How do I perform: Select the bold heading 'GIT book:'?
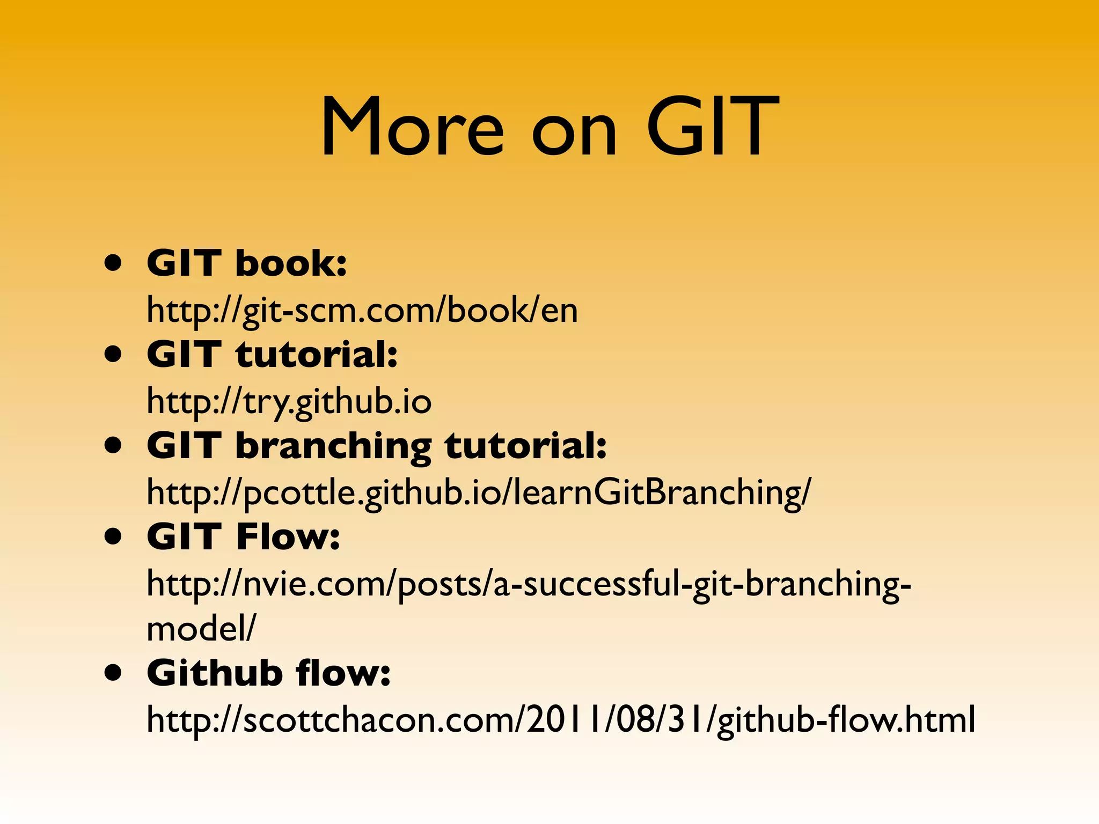click(247, 263)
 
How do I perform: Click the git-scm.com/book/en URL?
click(362, 311)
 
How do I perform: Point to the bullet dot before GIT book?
click(113, 264)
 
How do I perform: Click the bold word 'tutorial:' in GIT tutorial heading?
click(317, 355)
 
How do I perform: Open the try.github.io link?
click(289, 402)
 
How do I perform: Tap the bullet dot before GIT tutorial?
click(113, 355)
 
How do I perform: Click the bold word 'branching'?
click(333, 446)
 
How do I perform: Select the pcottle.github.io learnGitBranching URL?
click(479, 492)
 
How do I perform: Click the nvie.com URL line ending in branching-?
click(529, 584)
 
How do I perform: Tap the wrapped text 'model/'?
click(201, 628)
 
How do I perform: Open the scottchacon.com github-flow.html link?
click(561, 720)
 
